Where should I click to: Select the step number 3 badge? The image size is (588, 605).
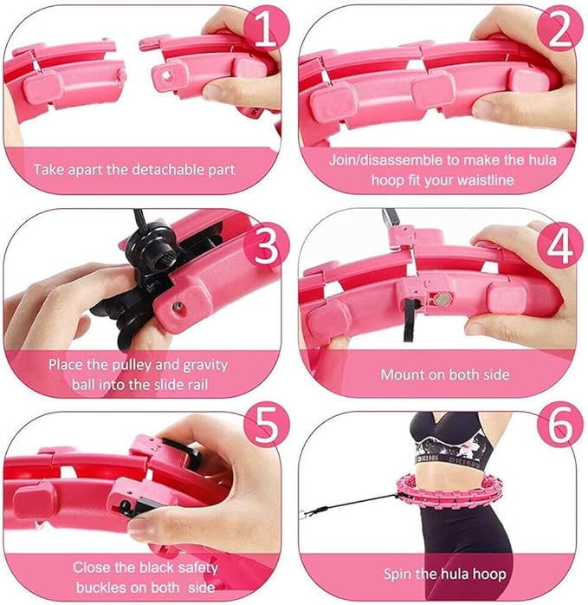pos(267,245)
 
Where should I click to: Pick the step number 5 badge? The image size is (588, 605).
pos(267,425)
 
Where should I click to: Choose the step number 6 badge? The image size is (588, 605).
pos(559,425)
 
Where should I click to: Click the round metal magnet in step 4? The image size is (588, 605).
pos(443,298)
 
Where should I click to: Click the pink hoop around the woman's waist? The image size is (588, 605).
pos(449,493)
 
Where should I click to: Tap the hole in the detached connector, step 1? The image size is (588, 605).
pos(166,75)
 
